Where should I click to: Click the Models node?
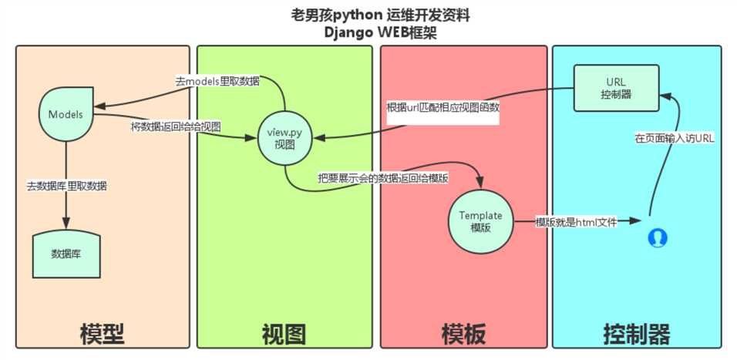[66, 114]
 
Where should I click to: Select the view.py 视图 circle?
[284, 138]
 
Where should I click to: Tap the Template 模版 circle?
[480, 221]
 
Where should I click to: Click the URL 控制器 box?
[616, 88]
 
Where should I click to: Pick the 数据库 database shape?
[66, 254]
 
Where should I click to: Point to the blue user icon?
[657, 237]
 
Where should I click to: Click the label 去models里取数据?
[217, 81]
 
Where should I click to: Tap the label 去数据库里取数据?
[67, 186]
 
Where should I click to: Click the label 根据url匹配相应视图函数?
[443, 107]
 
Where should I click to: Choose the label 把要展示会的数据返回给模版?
[382, 179]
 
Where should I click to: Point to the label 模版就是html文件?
[576, 222]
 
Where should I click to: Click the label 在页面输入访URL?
[675, 139]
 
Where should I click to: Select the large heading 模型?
[102, 334]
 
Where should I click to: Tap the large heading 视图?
[284, 334]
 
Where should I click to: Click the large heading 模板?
[463, 334]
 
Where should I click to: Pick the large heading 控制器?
[637, 334]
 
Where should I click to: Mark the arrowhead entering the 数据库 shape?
[66, 222]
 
